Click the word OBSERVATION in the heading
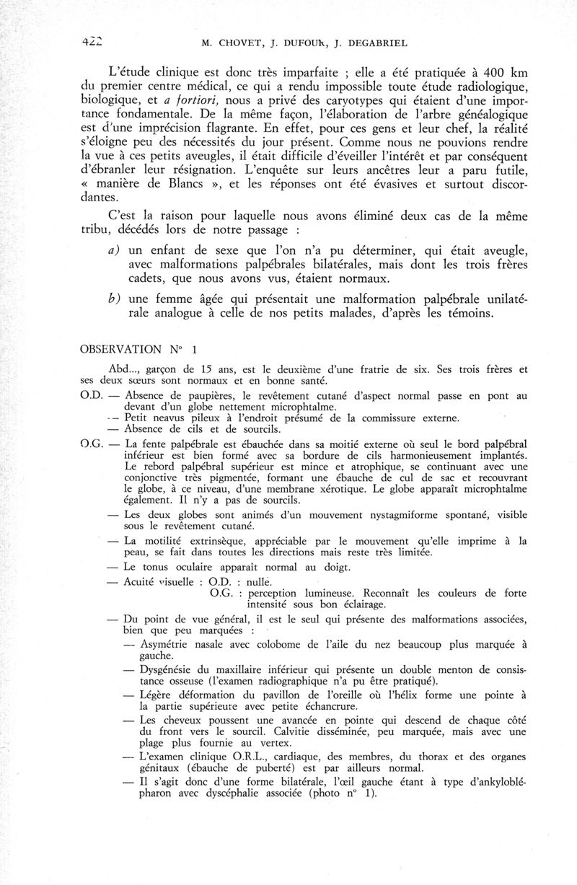[121, 349]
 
